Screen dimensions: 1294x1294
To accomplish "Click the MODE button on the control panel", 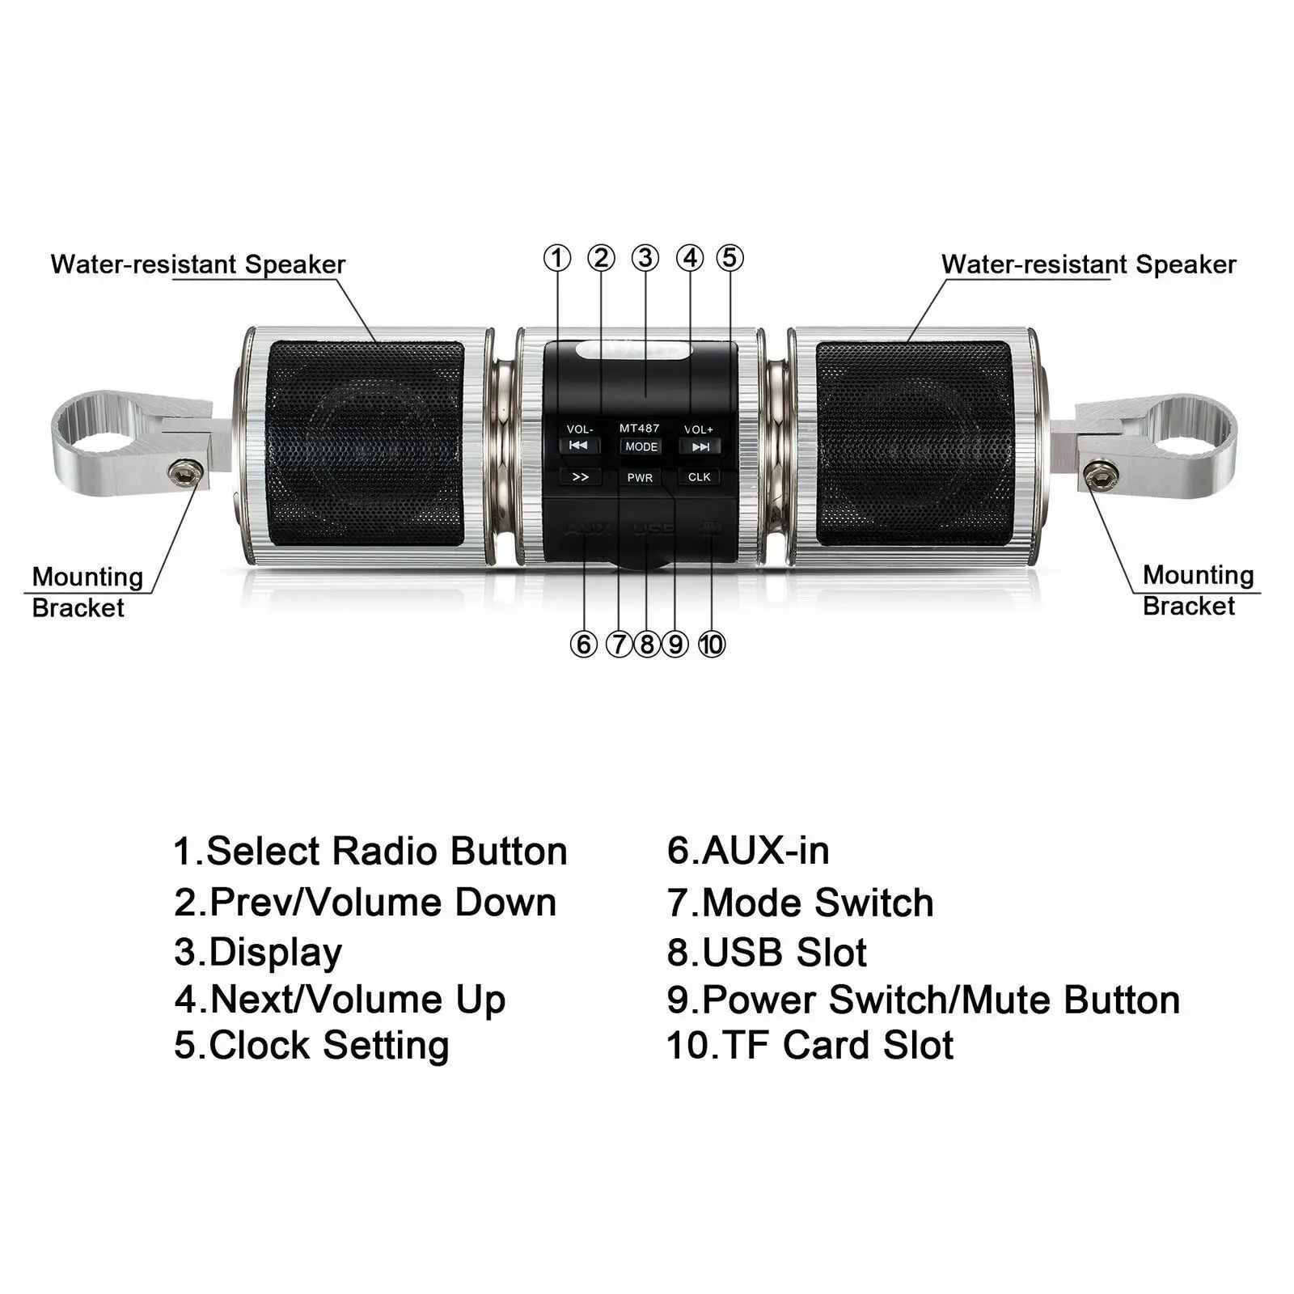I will pos(641,446).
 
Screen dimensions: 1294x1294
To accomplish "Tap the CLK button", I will pos(699,477).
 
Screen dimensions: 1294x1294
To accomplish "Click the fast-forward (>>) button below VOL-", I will pos(580,477).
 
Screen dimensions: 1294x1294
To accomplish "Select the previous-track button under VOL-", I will pos(578,446).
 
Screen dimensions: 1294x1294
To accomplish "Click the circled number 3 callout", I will pos(645,258).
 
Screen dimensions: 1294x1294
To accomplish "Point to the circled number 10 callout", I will pos(712,645).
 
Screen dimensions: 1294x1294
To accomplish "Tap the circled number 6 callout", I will pos(583,645).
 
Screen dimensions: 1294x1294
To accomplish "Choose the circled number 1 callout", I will pos(556,258).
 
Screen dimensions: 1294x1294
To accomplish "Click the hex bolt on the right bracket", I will pos(1098,476).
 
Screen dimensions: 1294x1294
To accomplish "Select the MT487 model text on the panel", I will pos(640,428).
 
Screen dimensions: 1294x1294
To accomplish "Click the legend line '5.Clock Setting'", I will pos(311,1045).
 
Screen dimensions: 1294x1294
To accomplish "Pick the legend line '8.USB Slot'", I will pos(767,953).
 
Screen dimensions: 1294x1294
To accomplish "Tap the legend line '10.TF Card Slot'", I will pos(810,1045).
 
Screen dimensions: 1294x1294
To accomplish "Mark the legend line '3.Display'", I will pos(258,953).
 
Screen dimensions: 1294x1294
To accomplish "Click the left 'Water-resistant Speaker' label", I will pos(198,264).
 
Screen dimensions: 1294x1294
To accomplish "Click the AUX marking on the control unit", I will pos(588,530).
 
